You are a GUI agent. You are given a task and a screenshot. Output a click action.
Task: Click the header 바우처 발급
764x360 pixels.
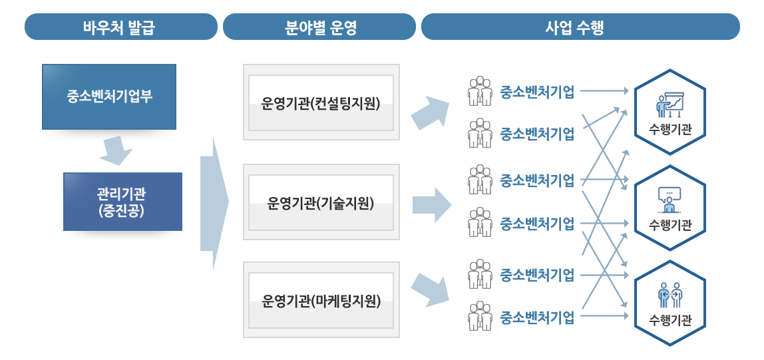[x=121, y=28]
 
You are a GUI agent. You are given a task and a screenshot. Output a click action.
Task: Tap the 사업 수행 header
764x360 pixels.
[x=579, y=28]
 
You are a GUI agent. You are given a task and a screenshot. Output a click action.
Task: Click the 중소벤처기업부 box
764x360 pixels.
[x=109, y=96]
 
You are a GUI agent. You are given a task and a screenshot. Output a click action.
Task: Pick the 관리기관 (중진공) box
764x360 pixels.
[x=122, y=202]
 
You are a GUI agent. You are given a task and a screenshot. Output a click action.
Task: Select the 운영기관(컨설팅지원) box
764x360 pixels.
[x=321, y=103]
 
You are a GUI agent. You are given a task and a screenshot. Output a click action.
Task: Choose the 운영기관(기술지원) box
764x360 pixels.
[x=321, y=203]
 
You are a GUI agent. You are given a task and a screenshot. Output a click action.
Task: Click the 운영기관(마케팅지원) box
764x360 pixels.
[x=321, y=301]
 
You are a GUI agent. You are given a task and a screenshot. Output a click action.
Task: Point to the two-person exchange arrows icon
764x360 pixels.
[x=670, y=295]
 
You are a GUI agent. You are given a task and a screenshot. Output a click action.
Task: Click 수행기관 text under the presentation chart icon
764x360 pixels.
[x=670, y=130]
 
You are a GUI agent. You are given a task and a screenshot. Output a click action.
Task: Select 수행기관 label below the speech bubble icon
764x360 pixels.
[x=670, y=225]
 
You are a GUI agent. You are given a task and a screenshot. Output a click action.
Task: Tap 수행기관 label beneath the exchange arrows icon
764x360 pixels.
[x=670, y=320]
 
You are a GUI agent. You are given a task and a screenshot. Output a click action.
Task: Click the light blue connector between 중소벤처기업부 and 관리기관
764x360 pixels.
[x=116, y=153]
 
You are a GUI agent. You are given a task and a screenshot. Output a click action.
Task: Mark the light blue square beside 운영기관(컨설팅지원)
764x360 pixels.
[x=430, y=112]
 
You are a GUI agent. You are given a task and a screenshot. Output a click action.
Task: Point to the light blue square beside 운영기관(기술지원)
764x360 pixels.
[x=432, y=205]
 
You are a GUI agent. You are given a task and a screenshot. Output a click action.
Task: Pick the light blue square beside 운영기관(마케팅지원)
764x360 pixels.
[x=430, y=289]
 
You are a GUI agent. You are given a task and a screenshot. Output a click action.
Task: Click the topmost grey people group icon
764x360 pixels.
[x=479, y=91]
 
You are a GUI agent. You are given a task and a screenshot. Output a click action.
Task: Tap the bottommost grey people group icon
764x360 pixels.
[x=479, y=316]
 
